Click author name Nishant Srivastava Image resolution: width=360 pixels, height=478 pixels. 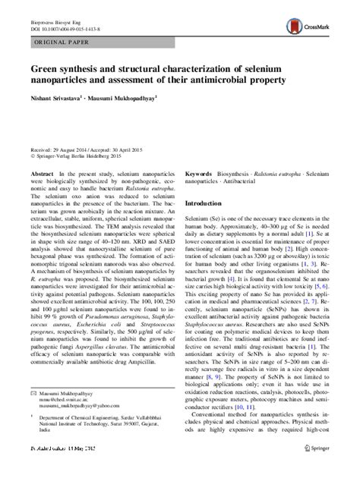tap(60, 98)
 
